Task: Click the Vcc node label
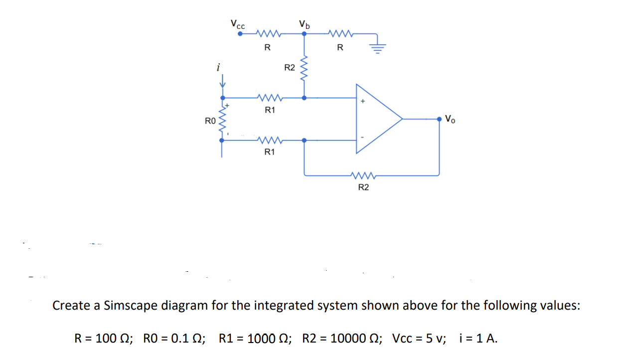tap(237, 24)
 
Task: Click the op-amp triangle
tap(376, 119)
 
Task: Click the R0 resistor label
tap(210, 121)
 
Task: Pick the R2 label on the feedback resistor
tap(364, 187)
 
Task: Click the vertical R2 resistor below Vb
tap(305, 70)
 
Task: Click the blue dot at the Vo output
tap(439, 119)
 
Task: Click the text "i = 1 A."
tap(478, 339)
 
